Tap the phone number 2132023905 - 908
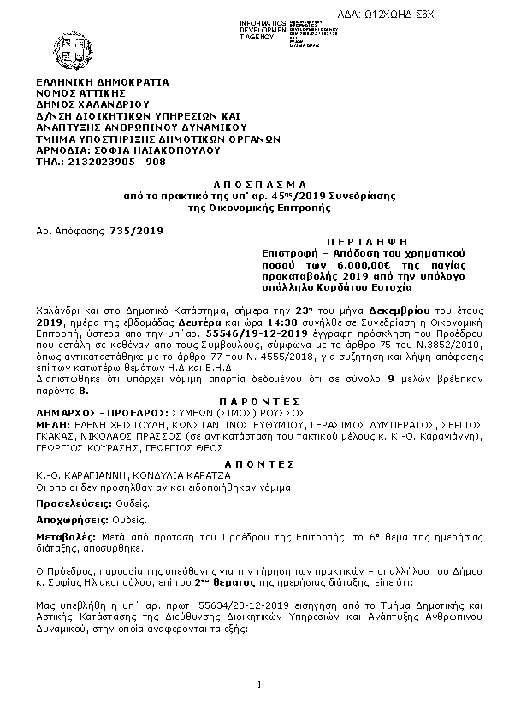(x=102, y=160)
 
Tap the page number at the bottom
(x=257, y=682)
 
